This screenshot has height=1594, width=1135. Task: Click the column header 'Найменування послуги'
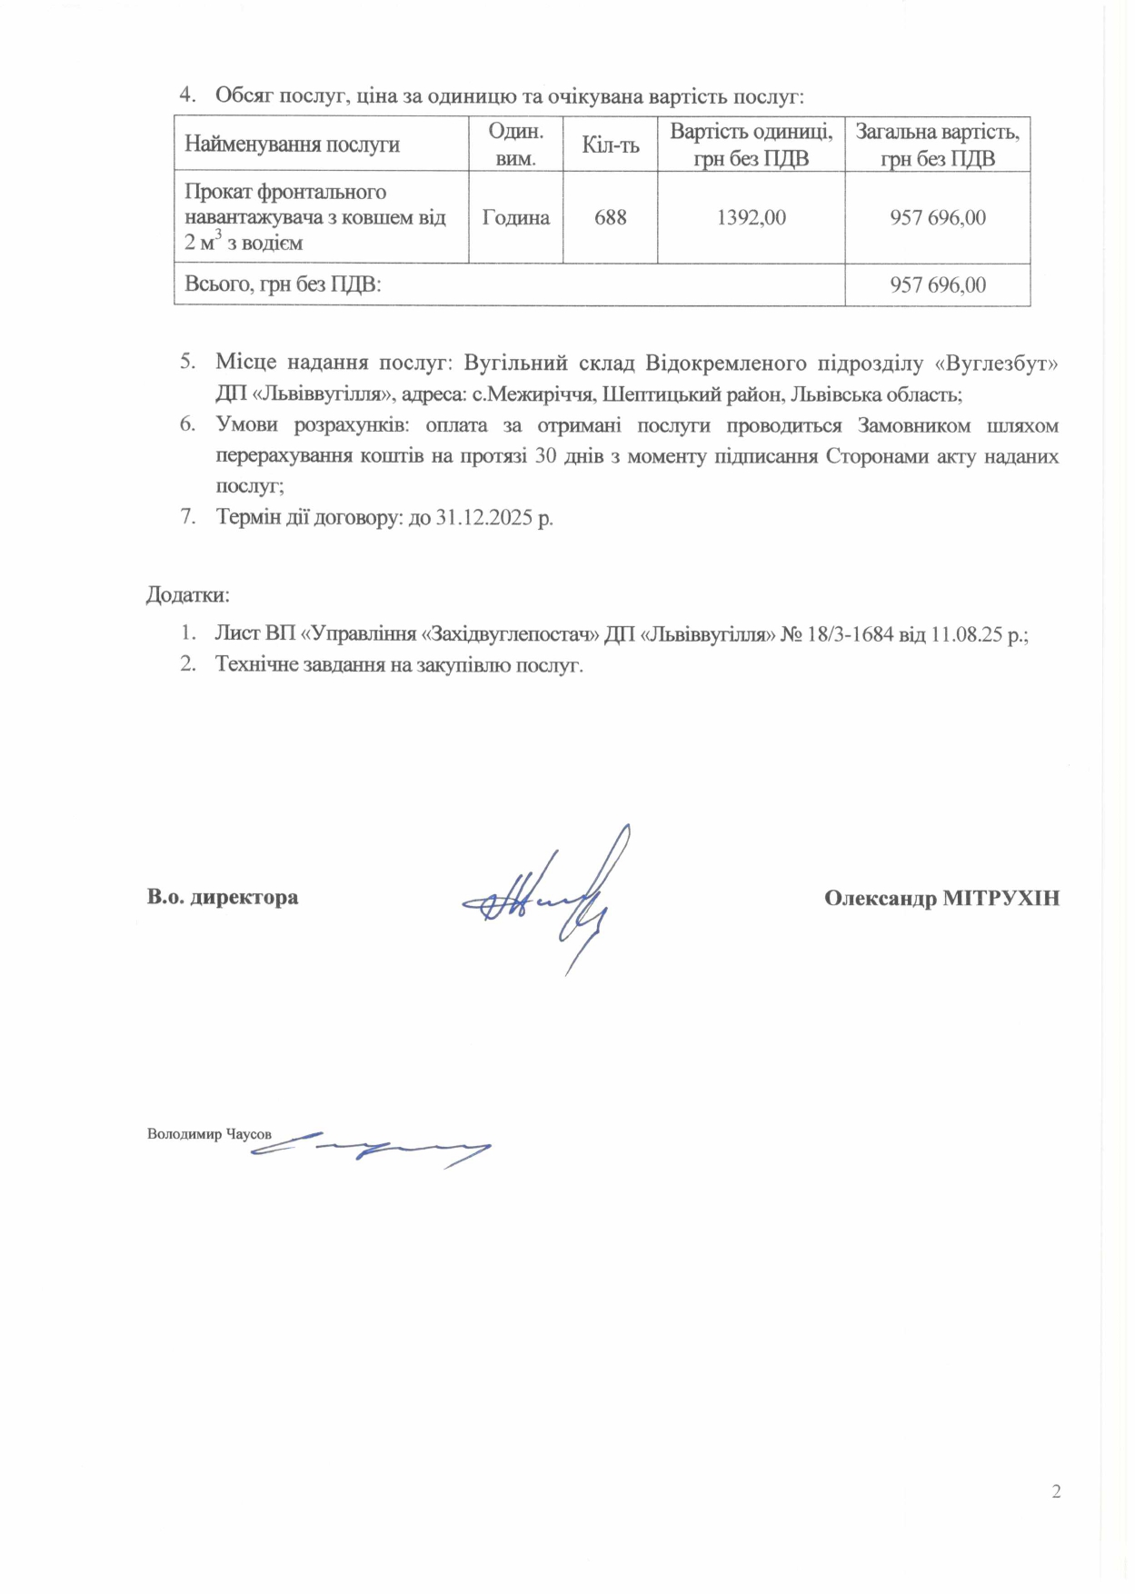coord(293,144)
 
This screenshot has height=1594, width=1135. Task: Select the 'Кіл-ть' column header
coord(610,144)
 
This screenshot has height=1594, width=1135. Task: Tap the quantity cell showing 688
coord(610,217)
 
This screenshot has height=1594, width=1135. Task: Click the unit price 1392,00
coord(751,217)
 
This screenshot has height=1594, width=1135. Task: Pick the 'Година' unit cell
coord(515,217)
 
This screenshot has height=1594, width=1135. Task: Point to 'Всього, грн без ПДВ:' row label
coord(283,284)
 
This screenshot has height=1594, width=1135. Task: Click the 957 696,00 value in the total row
coord(937,284)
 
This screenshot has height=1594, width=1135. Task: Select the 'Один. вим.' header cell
coord(515,144)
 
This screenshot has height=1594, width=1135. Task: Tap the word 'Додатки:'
coord(188,595)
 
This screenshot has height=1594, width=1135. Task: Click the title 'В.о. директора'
coord(223,898)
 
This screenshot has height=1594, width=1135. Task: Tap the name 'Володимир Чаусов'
coord(209,1134)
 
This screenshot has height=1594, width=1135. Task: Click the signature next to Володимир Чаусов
coord(373,1149)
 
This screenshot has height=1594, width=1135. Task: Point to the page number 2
coord(1056,1491)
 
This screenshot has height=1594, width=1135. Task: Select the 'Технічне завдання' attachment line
coord(399,664)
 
